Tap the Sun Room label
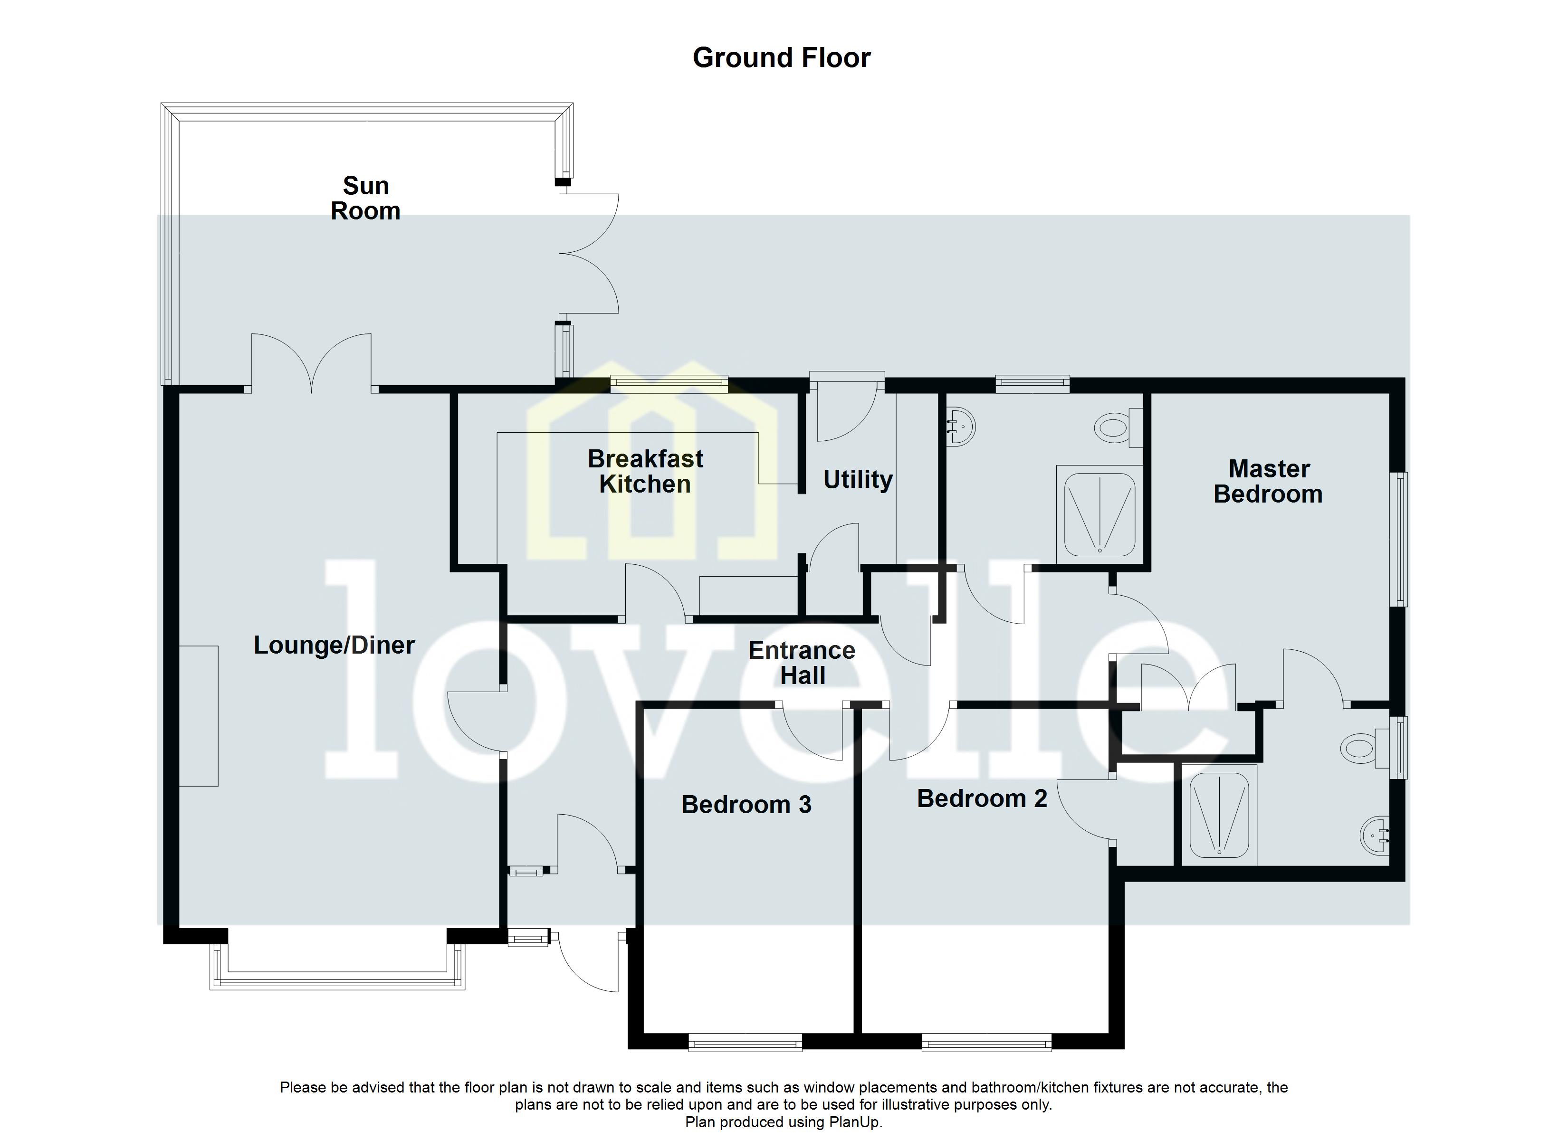366,199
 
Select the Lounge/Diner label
334,645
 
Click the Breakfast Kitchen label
645,472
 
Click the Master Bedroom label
1268,482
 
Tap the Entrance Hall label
802,663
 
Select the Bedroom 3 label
746,805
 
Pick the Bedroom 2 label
982,798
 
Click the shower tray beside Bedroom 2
1219,814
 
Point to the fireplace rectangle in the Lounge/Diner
199,715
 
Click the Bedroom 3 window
746,1043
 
